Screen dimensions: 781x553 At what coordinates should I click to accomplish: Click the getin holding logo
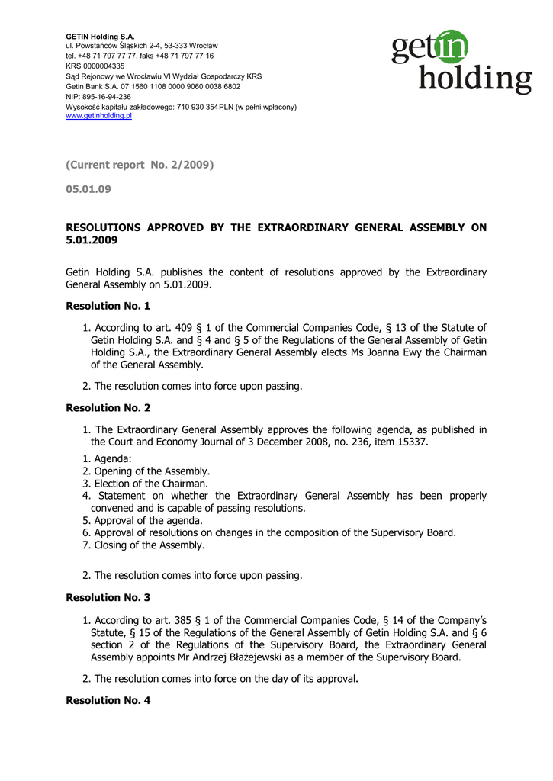(461, 62)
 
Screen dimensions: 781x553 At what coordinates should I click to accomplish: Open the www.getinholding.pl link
(99, 116)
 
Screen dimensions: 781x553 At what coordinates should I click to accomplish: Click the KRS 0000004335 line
(95, 66)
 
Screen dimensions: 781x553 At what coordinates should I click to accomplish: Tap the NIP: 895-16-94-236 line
(98, 97)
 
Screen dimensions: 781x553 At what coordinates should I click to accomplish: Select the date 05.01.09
(88, 189)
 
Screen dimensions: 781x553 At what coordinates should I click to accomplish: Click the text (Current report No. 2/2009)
(140, 165)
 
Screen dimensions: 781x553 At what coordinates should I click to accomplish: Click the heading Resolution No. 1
(108, 306)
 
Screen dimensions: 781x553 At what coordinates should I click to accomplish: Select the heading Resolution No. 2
(108, 408)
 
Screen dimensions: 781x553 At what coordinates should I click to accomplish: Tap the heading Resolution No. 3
(108, 597)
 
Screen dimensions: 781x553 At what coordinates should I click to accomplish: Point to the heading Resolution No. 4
(108, 699)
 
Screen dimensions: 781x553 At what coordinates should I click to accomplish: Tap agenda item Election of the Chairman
(150, 484)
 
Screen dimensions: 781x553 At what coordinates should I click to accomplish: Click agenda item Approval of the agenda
(148, 520)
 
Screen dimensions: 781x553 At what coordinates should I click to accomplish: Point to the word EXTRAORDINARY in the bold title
(303, 227)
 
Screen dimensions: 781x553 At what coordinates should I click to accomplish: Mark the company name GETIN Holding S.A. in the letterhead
(100, 36)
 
